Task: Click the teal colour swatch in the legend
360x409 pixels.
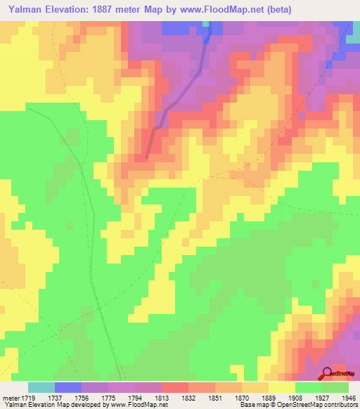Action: pyautogui.click(x=41, y=387)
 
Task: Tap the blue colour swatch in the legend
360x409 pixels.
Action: pyautogui.click(x=67, y=387)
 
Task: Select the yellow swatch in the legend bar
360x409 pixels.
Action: pyautogui.click(x=281, y=387)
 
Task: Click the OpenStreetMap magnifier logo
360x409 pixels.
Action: pyautogui.click(x=327, y=373)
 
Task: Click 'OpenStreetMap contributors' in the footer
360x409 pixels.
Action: pyautogui.click(x=326, y=405)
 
